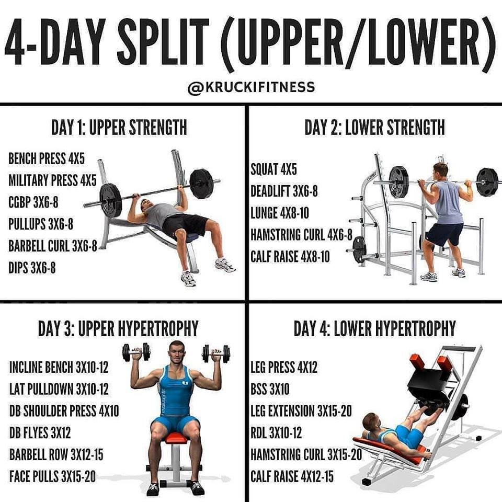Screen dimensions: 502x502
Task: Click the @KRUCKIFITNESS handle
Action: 252,87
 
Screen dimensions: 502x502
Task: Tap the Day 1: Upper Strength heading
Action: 119,128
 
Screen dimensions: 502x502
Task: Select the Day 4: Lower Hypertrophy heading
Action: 374,328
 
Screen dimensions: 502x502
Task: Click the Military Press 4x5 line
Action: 52,180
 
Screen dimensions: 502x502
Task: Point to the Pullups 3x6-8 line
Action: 41,224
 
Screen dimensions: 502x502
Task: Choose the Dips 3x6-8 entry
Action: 32,268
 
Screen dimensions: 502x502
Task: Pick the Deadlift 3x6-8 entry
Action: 284,191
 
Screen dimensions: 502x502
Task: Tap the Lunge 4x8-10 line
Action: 280,213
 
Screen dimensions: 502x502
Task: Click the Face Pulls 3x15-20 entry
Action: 52,476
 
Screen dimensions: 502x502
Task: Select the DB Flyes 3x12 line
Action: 40,433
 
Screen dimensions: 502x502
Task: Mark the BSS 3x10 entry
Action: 270,389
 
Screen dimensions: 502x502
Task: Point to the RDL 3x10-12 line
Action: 276,433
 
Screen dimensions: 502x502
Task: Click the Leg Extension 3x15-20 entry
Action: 301,411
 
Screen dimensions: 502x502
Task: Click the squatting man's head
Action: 440,172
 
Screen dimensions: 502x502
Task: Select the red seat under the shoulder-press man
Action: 176,438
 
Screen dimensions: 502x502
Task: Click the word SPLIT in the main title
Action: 163,42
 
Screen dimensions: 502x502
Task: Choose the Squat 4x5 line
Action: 273,169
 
